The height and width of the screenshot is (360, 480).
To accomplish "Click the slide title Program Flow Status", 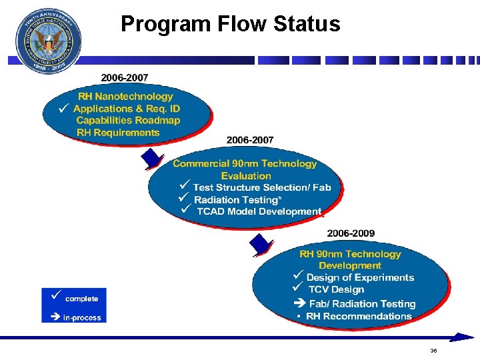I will coord(230,25).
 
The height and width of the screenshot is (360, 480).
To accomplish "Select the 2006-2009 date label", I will coord(351,233).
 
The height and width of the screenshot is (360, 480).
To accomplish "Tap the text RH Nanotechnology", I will coord(125,97).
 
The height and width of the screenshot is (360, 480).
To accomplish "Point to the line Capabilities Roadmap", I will coord(128,121).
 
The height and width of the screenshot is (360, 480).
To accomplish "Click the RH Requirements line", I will coord(118,133).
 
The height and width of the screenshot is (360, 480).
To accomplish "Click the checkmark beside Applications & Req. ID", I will coord(63,107).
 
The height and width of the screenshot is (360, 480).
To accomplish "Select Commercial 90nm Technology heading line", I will coord(245,164).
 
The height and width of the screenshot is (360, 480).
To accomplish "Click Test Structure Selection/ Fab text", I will coord(261,188).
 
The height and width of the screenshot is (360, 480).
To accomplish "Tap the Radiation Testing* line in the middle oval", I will coord(235,200).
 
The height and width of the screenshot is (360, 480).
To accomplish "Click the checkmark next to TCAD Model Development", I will coord(185,210).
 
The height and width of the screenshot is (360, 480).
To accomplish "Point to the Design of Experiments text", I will coord(360,278).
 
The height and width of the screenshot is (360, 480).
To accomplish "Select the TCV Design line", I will coord(336,290).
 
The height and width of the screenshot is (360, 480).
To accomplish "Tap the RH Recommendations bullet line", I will coord(359,316).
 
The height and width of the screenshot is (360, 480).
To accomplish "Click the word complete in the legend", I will coord(81,299).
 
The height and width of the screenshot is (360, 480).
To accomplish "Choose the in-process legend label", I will coord(81,318).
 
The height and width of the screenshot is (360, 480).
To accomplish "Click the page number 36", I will coord(433,351).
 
